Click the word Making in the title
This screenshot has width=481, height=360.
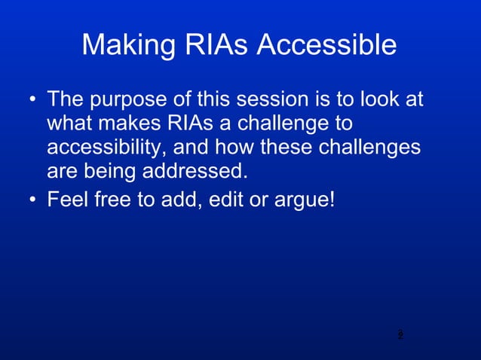click(x=127, y=46)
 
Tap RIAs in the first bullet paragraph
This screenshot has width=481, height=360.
click(x=191, y=124)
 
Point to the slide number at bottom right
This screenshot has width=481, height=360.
click(x=400, y=334)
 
